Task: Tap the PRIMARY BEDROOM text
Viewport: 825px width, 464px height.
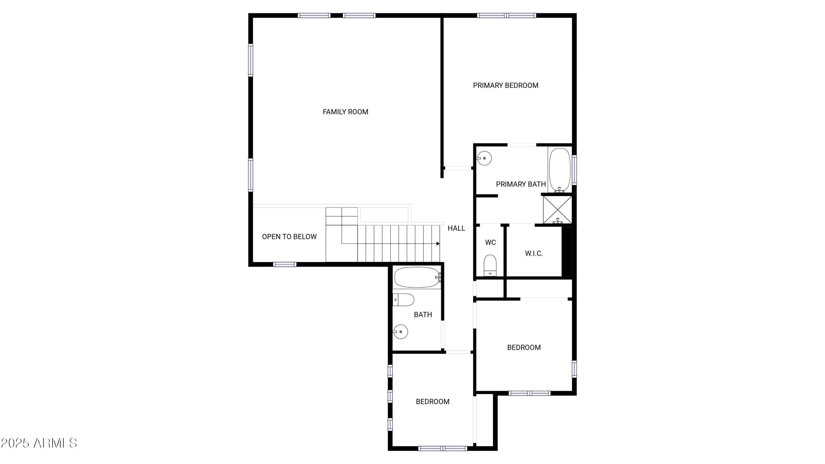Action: [x=505, y=86]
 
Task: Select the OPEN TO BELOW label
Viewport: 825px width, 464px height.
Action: [x=289, y=237]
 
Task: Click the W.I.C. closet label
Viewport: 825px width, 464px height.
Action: [x=533, y=254]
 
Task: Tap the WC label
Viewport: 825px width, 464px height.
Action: [x=490, y=242]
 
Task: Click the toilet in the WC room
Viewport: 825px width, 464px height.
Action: [x=490, y=265]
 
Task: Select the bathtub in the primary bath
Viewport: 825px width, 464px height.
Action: [x=560, y=170]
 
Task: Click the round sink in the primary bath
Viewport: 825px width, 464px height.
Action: [x=484, y=158]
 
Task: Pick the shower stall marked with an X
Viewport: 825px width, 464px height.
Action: [x=558, y=210]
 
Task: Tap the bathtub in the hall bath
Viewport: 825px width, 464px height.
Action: [x=417, y=277]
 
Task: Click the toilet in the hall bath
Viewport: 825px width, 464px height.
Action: [x=403, y=300]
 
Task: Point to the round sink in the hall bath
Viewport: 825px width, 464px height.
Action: [x=400, y=332]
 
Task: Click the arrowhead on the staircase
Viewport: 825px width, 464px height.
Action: [x=438, y=244]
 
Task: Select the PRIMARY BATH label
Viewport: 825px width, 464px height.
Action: [x=521, y=184]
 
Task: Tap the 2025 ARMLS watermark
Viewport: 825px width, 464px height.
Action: [x=39, y=443]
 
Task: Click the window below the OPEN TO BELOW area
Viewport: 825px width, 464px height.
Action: [x=285, y=264]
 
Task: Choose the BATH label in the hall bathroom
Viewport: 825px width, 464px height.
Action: [x=423, y=315]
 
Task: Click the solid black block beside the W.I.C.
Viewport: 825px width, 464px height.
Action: [x=567, y=251]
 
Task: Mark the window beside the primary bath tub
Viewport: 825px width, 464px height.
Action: [x=574, y=170]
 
